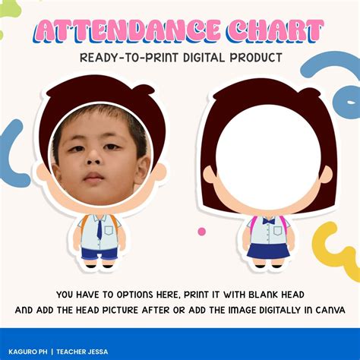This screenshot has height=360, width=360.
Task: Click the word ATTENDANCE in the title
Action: tap(126, 32)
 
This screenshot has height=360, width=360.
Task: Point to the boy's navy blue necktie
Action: tap(99, 228)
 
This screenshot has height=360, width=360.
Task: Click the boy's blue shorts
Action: tap(99, 252)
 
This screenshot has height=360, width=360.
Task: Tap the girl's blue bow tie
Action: tap(267, 220)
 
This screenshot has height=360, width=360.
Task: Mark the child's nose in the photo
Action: tap(94, 161)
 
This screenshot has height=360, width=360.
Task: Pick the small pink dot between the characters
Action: tap(201, 231)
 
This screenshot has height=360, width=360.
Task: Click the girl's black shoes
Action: tap(267, 266)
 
